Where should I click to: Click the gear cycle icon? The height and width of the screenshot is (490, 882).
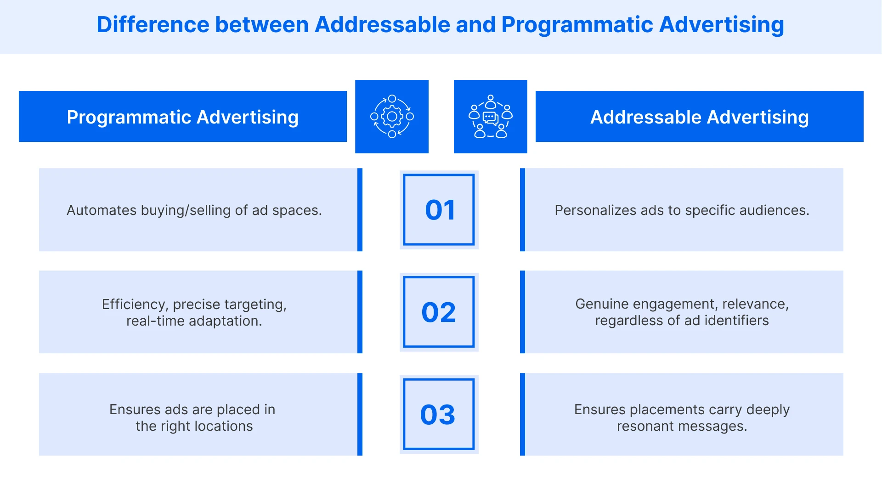coord(392,117)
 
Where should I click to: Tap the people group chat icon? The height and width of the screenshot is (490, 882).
coord(490,117)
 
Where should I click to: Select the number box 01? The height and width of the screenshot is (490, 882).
coord(439,210)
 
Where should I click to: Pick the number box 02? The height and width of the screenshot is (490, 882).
coord(439,312)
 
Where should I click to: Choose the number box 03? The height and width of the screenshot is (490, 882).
coord(439,414)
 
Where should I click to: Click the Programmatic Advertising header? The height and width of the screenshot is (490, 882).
coord(183,117)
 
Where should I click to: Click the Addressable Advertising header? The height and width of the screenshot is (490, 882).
coord(699,117)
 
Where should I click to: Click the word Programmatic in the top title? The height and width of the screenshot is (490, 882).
coord(577,25)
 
